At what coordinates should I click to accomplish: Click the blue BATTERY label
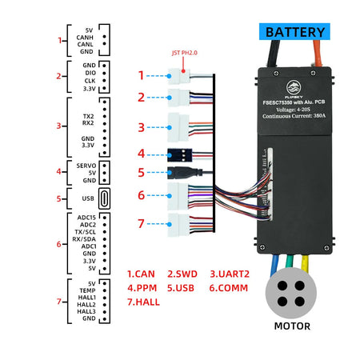click(x=295, y=32)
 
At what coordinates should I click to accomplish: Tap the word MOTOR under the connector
click(x=292, y=326)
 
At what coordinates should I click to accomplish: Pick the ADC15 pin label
click(x=86, y=217)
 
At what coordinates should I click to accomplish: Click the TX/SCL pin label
click(x=83, y=231)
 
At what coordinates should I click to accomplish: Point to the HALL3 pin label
click(x=85, y=311)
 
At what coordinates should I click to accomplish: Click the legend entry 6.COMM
click(x=230, y=286)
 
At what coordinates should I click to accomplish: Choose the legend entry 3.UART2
click(x=230, y=273)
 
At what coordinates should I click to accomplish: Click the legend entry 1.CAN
click(x=144, y=273)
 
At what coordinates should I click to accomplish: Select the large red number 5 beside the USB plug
click(x=141, y=171)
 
